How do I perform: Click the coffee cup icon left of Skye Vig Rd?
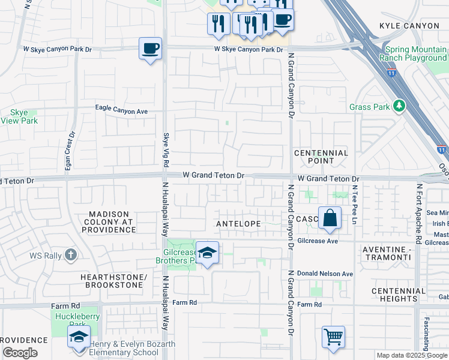(x=150, y=47)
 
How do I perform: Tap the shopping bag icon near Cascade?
(x=330, y=217)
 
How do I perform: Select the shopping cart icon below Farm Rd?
(x=333, y=336)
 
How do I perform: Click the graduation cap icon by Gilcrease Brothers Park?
(x=208, y=253)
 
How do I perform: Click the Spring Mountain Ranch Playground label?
(x=412, y=54)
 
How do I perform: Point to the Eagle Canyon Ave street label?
(x=122, y=111)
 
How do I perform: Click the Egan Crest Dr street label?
(x=67, y=150)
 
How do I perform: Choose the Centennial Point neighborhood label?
(x=321, y=157)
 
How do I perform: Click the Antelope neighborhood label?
(x=238, y=224)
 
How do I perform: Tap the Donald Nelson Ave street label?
(x=325, y=274)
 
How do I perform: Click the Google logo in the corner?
(x=20, y=353)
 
